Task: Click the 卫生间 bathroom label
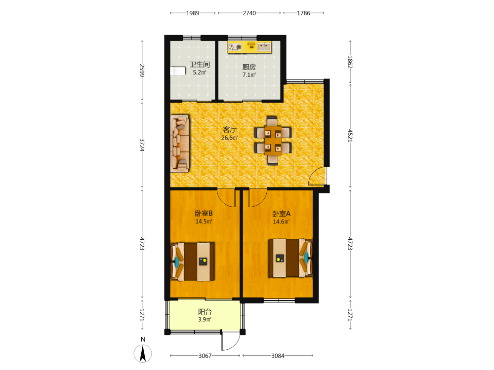click(200, 64)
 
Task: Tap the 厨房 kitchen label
click(249, 67)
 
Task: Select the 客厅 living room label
click(230, 130)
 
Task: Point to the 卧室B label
click(204, 213)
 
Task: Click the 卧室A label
click(282, 214)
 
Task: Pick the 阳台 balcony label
click(205, 312)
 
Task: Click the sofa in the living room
click(180, 144)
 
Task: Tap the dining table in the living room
click(273, 141)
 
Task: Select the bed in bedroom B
click(193, 261)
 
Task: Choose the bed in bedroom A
click(290, 258)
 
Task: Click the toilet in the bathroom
click(178, 71)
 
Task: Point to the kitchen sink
click(264, 47)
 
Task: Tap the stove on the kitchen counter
click(235, 47)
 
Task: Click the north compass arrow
click(143, 353)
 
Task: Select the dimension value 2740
click(249, 13)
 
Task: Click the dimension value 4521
click(350, 136)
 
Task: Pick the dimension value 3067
click(205, 356)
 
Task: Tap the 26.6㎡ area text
click(229, 138)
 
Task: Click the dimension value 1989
click(193, 13)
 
